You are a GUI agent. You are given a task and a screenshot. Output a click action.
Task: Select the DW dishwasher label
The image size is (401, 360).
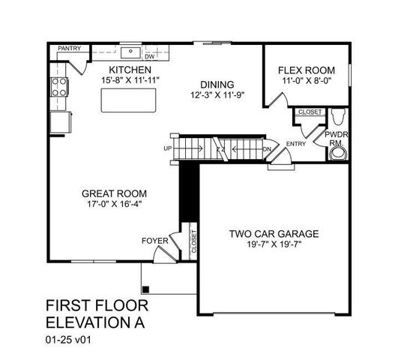click(149, 56)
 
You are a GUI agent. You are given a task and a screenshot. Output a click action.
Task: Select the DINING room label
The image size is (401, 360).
click(218, 84)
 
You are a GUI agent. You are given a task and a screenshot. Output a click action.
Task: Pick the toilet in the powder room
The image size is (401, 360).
click(337, 117)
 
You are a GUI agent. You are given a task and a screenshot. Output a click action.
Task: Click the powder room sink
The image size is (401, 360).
click(340, 154)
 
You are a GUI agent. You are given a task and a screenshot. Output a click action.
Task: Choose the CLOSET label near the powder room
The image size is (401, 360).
click(310, 112)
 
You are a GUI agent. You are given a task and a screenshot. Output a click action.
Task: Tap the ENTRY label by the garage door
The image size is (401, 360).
click(295, 144)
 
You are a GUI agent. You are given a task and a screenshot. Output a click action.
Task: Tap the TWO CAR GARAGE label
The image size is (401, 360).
click(274, 234)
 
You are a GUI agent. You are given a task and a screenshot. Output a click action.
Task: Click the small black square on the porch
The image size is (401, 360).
click(146, 289)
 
